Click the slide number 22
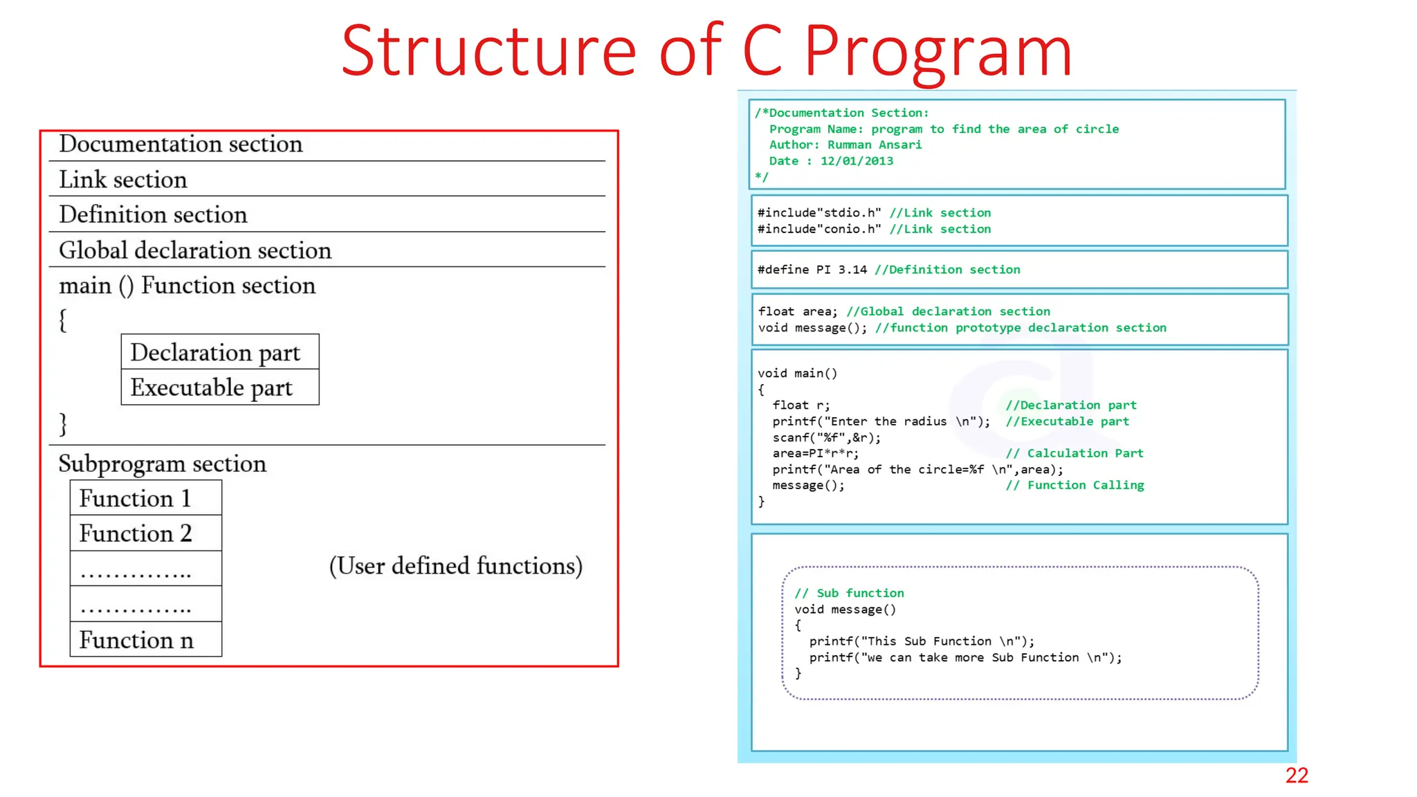[x=1296, y=775]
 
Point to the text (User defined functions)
[x=455, y=566]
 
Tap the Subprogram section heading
[x=162, y=464]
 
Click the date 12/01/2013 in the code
[x=857, y=161]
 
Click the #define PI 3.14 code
[x=812, y=270]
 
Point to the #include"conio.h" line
[x=819, y=229]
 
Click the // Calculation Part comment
[x=1074, y=453]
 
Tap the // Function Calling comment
[x=1074, y=486]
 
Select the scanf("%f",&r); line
[x=827, y=437]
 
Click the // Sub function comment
[x=849, y=593]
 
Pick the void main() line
[x=797, y=374]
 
